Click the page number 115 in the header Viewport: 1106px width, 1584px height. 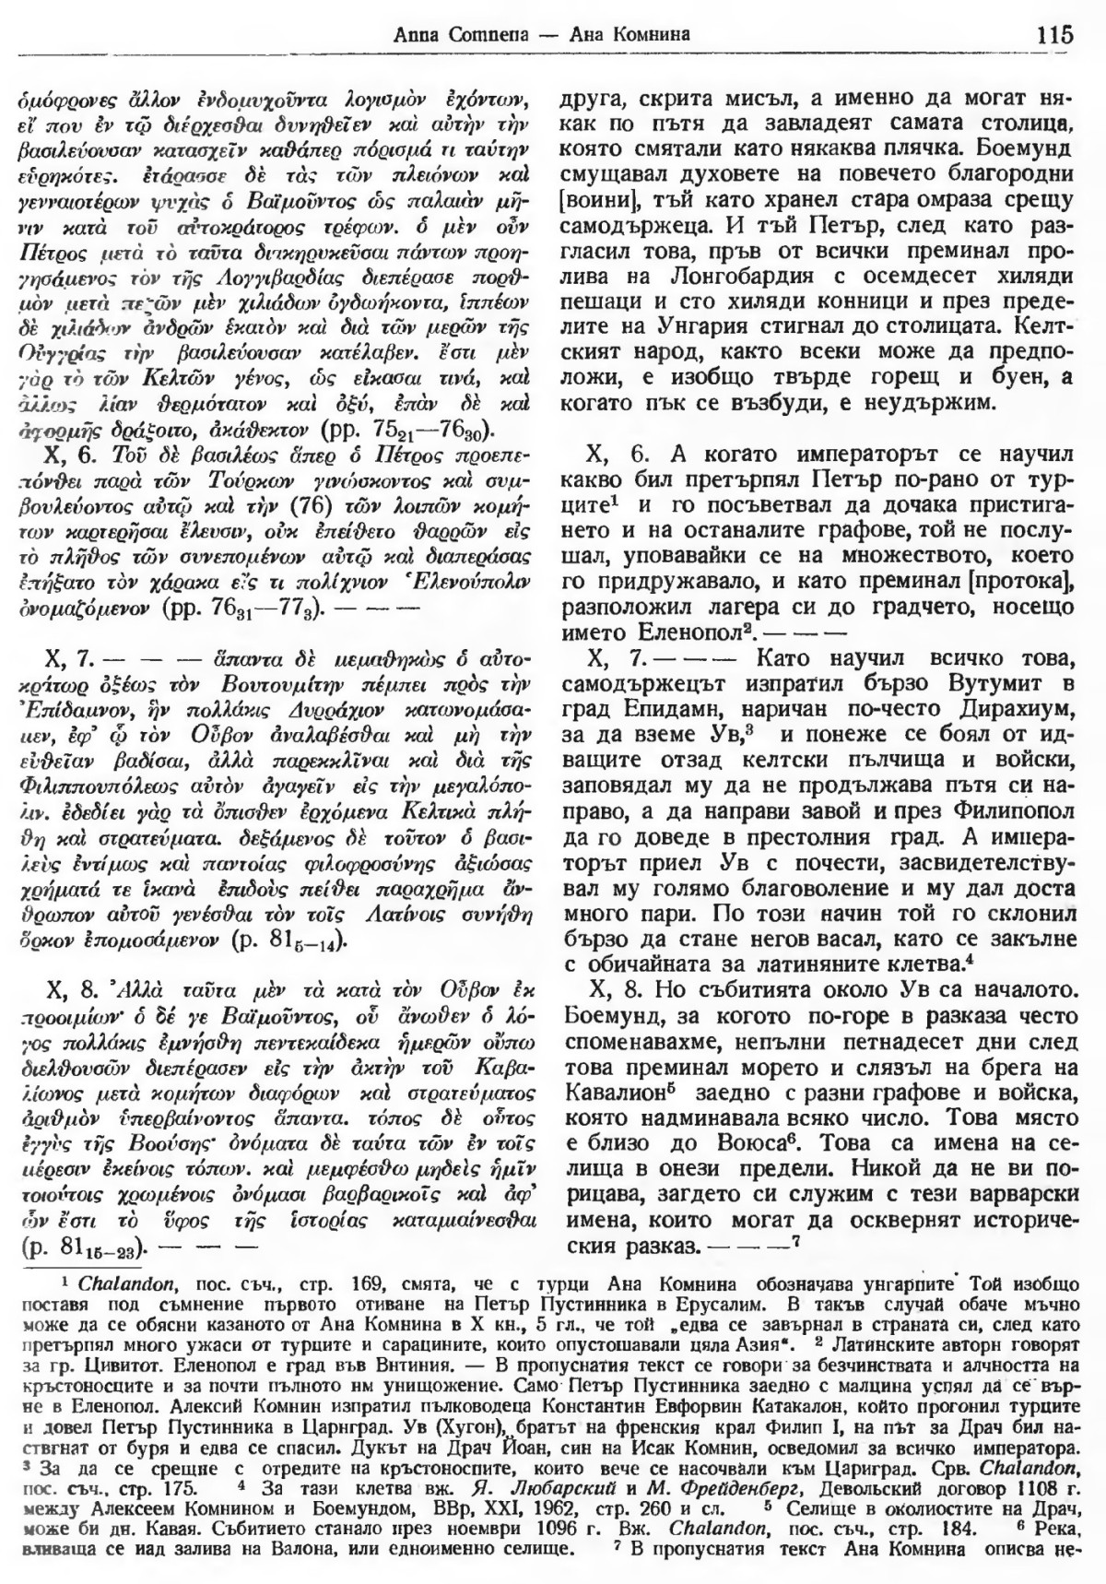tap(1053, 36)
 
